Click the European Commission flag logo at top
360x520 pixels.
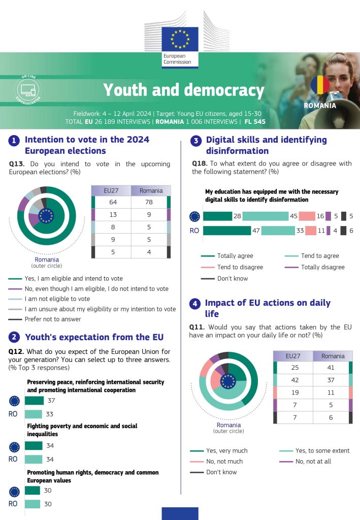180,39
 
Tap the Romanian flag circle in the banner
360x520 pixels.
320,85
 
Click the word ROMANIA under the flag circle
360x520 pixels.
320,106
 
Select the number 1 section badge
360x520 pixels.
14,141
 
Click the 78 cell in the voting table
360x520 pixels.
149,202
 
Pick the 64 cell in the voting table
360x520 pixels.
113,202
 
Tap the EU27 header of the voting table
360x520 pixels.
111,191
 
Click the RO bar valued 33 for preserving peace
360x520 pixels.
34,414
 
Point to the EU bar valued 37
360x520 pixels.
35,401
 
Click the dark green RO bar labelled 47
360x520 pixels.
227,231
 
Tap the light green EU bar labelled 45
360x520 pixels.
266,216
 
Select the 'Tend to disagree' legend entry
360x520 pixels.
232,267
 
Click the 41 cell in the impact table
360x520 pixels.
331,368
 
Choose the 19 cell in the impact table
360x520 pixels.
295,393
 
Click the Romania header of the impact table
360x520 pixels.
333,356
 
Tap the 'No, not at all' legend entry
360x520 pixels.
305,461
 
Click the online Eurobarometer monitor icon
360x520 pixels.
28,89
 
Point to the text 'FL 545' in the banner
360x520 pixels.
255,122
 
